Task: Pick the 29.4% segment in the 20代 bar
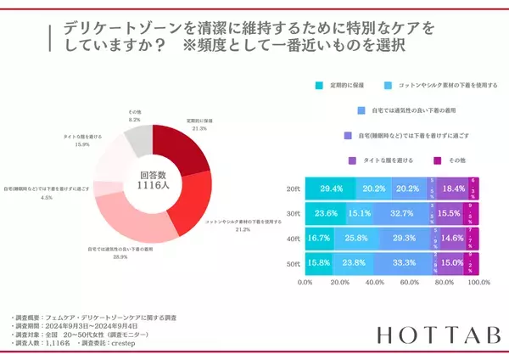[331, 188]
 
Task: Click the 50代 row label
[291, 265]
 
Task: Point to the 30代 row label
[291, 214]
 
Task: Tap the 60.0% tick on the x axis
[410, 283]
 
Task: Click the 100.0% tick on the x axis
[478, 283]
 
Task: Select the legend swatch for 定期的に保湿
[319, 86]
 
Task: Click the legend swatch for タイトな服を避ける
[352, 160]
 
